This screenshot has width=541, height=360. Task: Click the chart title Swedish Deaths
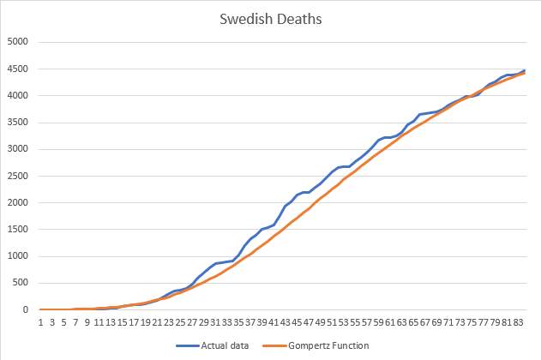pyautogui.click(x=270, y=17)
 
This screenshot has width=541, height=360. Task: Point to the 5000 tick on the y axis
pyautogui.click(x=18, y=42)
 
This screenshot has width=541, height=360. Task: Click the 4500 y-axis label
pyautogui.click(x=18, y=69)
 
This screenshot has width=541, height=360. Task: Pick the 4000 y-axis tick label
pyautogui.click(x=18, y=95)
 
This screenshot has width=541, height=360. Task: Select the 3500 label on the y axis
pyautogui.click(x=18, y=123)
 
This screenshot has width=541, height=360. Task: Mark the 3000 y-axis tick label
pyautogui.click(x=18, y=149)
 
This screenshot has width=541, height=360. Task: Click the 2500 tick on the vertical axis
pyautogui.click(x=18, y=176)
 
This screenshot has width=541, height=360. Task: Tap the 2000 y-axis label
pyautogui.click(x=18, y=202)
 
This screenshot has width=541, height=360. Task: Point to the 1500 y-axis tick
pyautogui.click(x=18, y=230)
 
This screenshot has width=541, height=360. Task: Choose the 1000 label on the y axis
pyautogui.click(x=18, y=256)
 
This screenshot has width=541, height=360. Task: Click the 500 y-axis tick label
pyautogui.click(x=21, y=283)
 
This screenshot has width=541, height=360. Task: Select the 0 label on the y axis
pyautogui.click(x=27, y=309)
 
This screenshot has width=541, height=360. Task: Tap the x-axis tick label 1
pyautogui.click(x=41, y=322)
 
